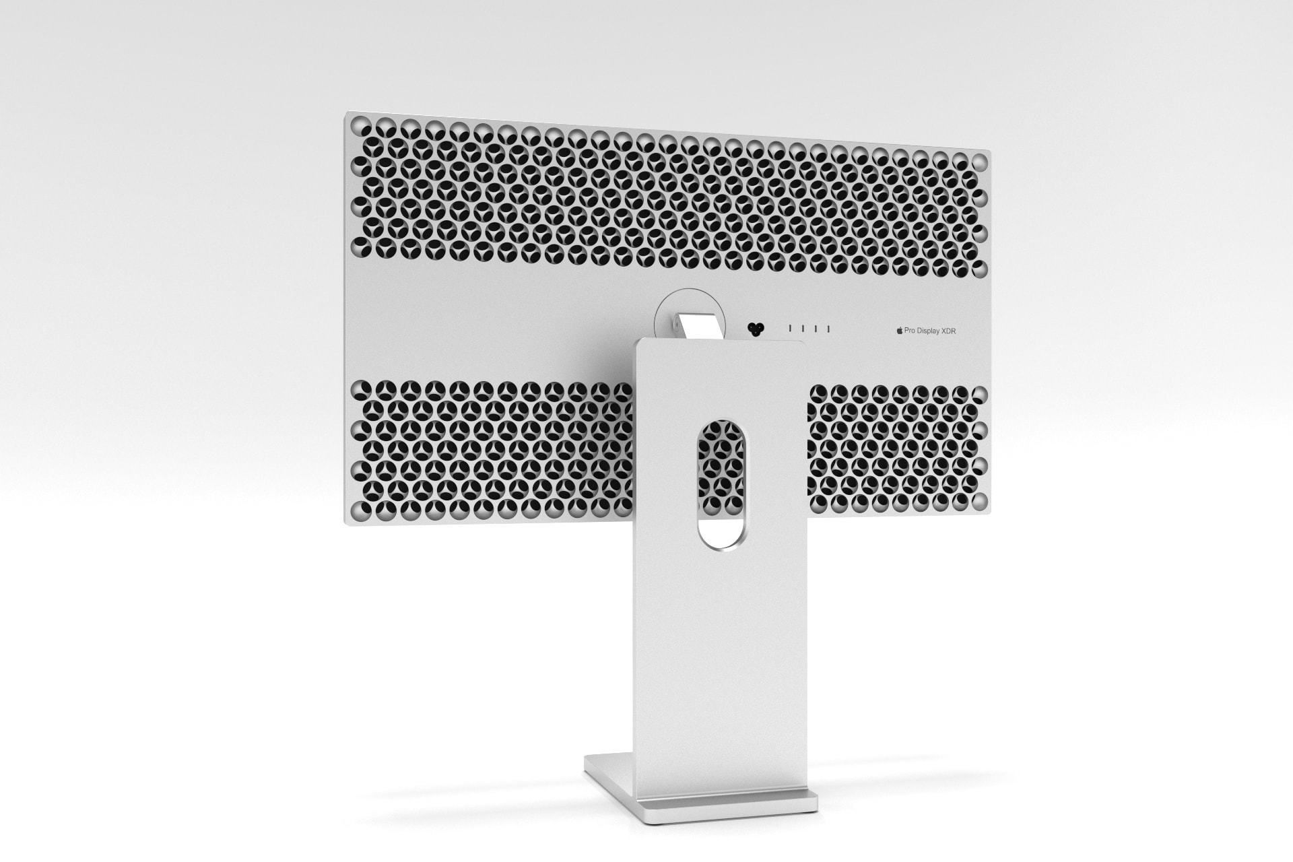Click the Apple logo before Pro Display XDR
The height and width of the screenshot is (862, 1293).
point(899,331)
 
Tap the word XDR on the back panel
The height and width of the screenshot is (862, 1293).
point(948,331)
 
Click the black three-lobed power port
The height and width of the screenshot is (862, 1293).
point(756,329)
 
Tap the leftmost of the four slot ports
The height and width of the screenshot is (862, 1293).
point(790,329)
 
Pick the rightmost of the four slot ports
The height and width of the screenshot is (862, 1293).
point(828,329)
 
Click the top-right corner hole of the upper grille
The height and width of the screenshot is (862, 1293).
point(980,162)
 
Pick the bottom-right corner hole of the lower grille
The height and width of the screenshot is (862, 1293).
point(980,500)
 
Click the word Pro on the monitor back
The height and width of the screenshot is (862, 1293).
point(909,331)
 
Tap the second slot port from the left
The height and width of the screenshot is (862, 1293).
point(803,329)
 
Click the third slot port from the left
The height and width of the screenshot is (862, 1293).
point(816,329)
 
